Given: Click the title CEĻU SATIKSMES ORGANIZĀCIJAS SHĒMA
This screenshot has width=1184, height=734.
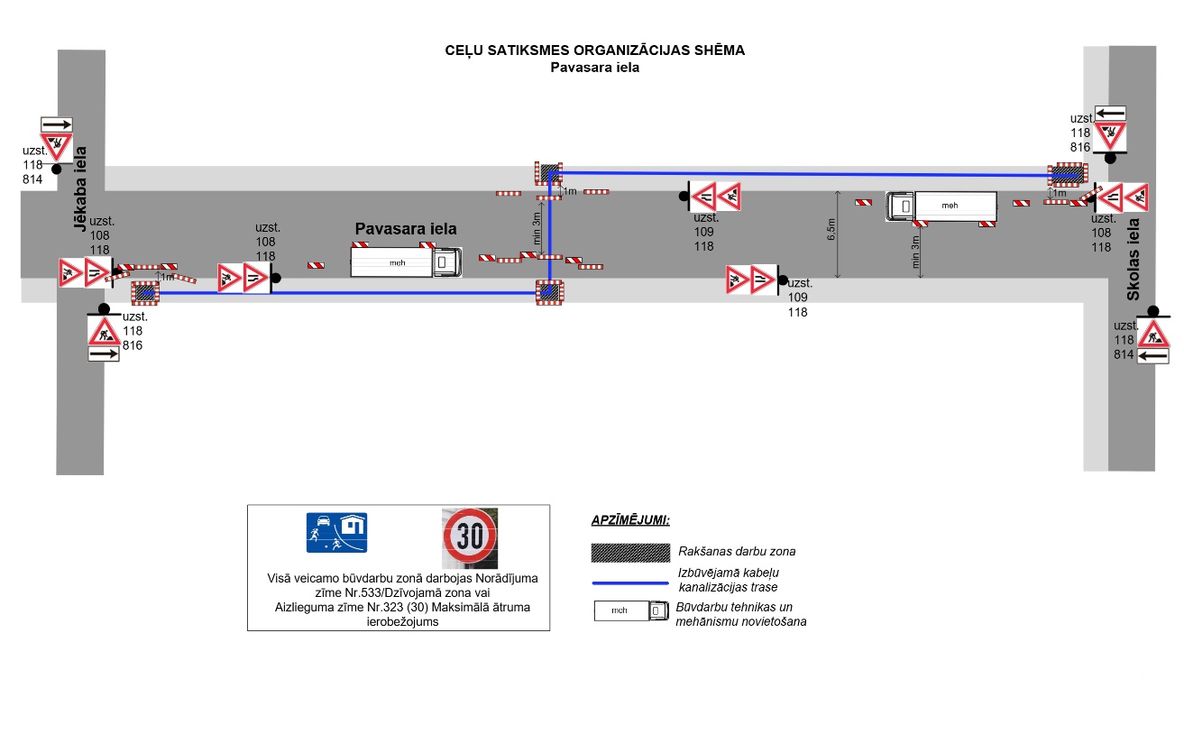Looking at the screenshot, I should pos(595,50).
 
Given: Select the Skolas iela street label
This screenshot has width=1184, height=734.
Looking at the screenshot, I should pos(1134,259).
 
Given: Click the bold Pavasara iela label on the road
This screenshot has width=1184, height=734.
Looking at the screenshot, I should pos(406,229).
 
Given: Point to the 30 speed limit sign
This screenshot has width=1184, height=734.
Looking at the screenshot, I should pos(470,537).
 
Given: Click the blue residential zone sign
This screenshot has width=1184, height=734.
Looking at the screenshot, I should pos(337,532).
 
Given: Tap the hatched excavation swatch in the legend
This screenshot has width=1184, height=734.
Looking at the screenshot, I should pos(629,551).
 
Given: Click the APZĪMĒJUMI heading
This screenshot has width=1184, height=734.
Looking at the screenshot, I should pos(630,520).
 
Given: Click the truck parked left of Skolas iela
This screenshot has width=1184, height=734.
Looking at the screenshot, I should pos(941,206).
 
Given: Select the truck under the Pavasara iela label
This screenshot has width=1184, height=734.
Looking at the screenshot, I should pos(407,262).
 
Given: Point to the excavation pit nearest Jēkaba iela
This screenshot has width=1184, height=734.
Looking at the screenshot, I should pos(145,291).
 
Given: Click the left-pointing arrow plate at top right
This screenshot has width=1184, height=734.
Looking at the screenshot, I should pos(1110,113).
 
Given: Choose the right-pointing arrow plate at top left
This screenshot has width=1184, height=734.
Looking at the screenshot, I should pos(56,124).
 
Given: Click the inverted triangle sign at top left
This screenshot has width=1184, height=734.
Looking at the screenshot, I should pos(56,145).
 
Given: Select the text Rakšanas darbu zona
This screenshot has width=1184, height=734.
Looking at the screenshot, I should pos(736,551).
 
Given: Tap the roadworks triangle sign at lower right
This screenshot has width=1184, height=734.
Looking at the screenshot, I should pos(1152,335).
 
